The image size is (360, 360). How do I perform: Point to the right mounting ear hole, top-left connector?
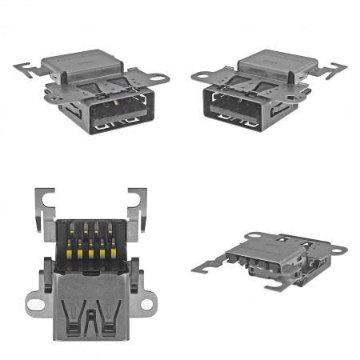[161, 79]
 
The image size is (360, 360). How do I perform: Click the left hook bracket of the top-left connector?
[29, 67]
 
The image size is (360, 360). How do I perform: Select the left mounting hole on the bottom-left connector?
[34, 303]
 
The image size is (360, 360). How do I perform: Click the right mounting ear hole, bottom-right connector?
[339, 250]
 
